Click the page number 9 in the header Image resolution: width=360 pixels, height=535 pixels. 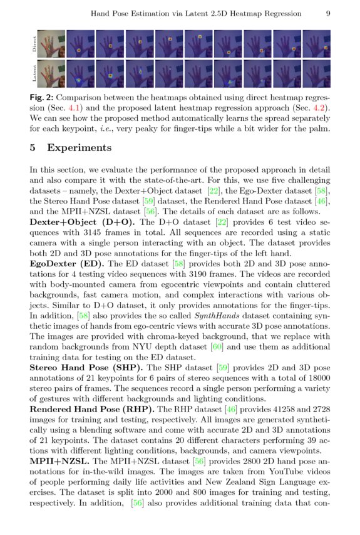pos(329,13)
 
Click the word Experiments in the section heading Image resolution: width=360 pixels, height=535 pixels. pos(80,148)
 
